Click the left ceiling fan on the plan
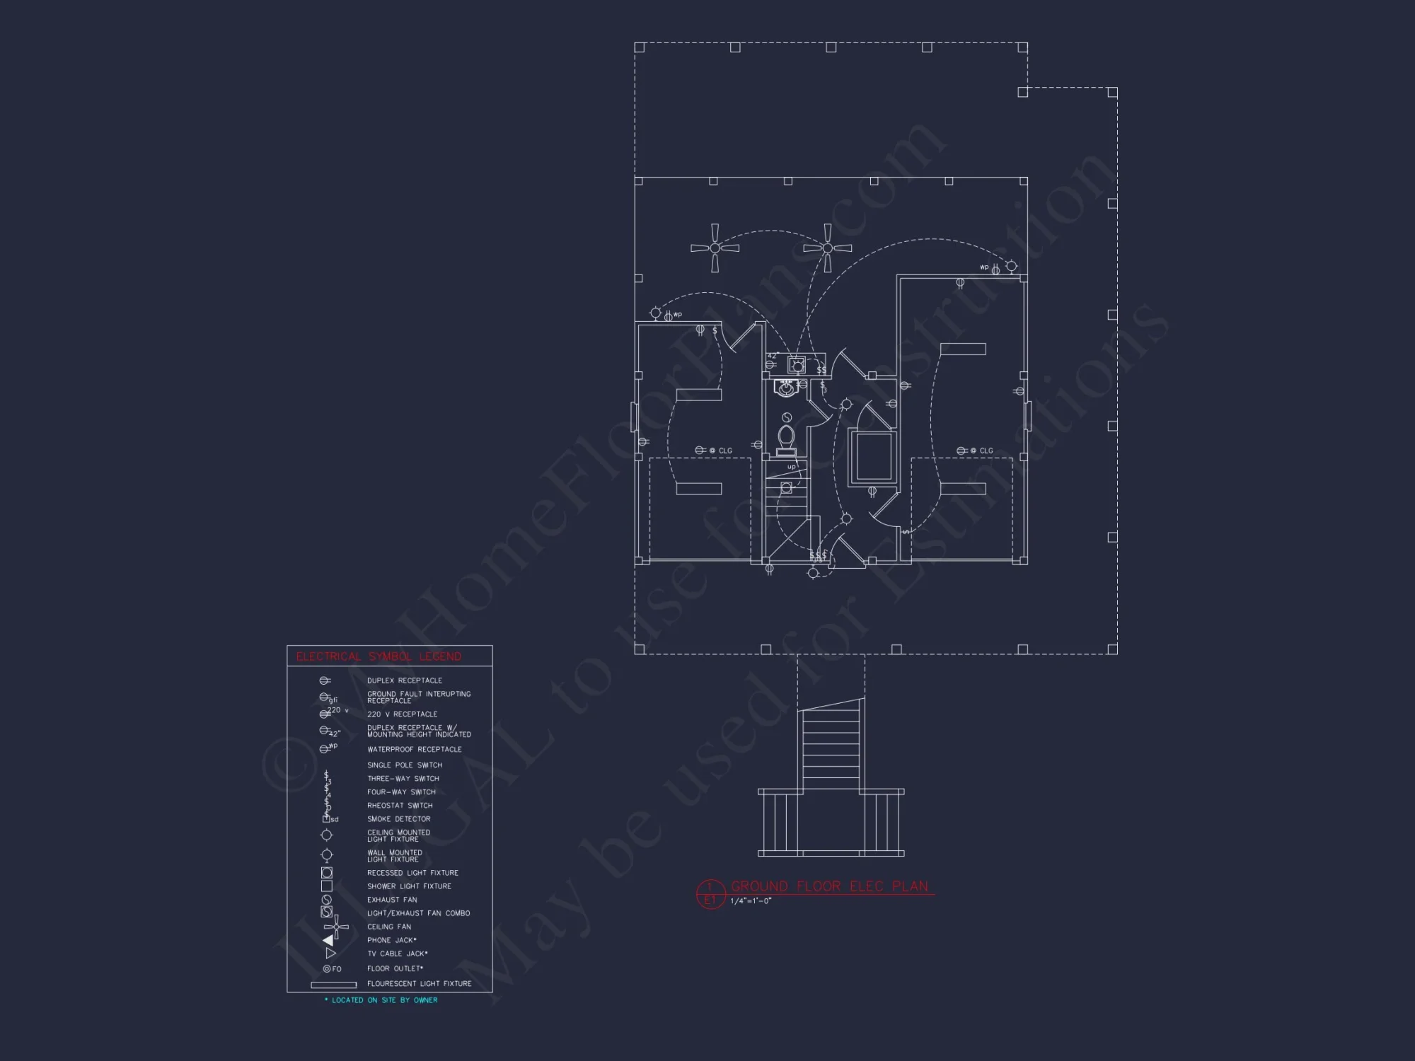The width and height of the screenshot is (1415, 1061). click(715, 248)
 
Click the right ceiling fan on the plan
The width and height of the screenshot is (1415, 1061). click(827, 248)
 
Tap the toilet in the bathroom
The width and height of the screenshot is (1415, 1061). click(786, 439)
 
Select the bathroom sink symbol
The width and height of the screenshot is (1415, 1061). click(785, 388)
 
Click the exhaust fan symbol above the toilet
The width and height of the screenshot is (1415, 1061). click(787, 418)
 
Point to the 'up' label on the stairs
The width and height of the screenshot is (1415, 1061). click(791, 467)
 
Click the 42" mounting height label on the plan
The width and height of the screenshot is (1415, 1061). click(773, 355)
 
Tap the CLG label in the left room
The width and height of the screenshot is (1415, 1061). click(725, 451)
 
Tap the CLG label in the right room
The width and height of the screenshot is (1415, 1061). click(986, 451)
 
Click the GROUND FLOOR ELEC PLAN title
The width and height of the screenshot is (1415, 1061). click(829, 886)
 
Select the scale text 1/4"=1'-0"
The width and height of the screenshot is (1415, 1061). click(751, 901)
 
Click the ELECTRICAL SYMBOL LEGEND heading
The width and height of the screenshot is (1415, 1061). click(379, 656)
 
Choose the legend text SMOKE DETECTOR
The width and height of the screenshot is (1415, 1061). click(398, 819)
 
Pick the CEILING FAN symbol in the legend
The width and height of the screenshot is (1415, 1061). click(336, 927)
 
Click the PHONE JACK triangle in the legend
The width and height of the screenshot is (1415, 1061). click(328, 940)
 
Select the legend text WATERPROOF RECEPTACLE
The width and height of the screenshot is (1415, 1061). click(414, 749)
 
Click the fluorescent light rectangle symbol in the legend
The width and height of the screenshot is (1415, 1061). click(333, 985)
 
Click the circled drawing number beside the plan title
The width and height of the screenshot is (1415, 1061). click(710, 893)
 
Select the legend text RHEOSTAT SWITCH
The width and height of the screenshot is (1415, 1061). click(400, 806)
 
